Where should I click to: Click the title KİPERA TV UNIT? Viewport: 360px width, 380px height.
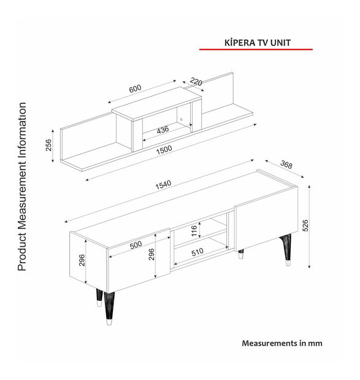[258, 42]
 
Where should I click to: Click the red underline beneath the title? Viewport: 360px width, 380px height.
[256, 50]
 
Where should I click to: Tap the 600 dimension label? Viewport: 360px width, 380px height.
[135, 88]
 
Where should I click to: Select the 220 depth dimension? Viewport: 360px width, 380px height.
[196, 82]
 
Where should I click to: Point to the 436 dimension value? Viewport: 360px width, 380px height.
[163, 130]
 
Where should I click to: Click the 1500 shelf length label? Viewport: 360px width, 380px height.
[164, 150]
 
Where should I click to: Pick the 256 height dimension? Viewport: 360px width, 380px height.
[48, 145]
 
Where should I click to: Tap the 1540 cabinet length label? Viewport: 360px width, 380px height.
[163, 185]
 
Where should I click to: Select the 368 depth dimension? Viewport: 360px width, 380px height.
[286, 165]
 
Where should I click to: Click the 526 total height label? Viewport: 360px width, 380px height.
[305, 226]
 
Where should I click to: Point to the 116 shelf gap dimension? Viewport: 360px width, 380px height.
[194, 231]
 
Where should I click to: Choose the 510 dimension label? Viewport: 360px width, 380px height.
[197, 252]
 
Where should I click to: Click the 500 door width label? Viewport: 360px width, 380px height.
[136, 245]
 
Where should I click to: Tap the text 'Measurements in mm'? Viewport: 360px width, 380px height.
[282, 343]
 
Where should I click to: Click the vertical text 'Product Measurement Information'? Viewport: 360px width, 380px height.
[22, 187]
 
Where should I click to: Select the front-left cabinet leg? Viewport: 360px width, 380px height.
[109, 308]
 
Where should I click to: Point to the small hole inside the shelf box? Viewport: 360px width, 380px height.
[181, 120]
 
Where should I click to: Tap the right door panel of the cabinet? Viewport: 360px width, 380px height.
[266, 221]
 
